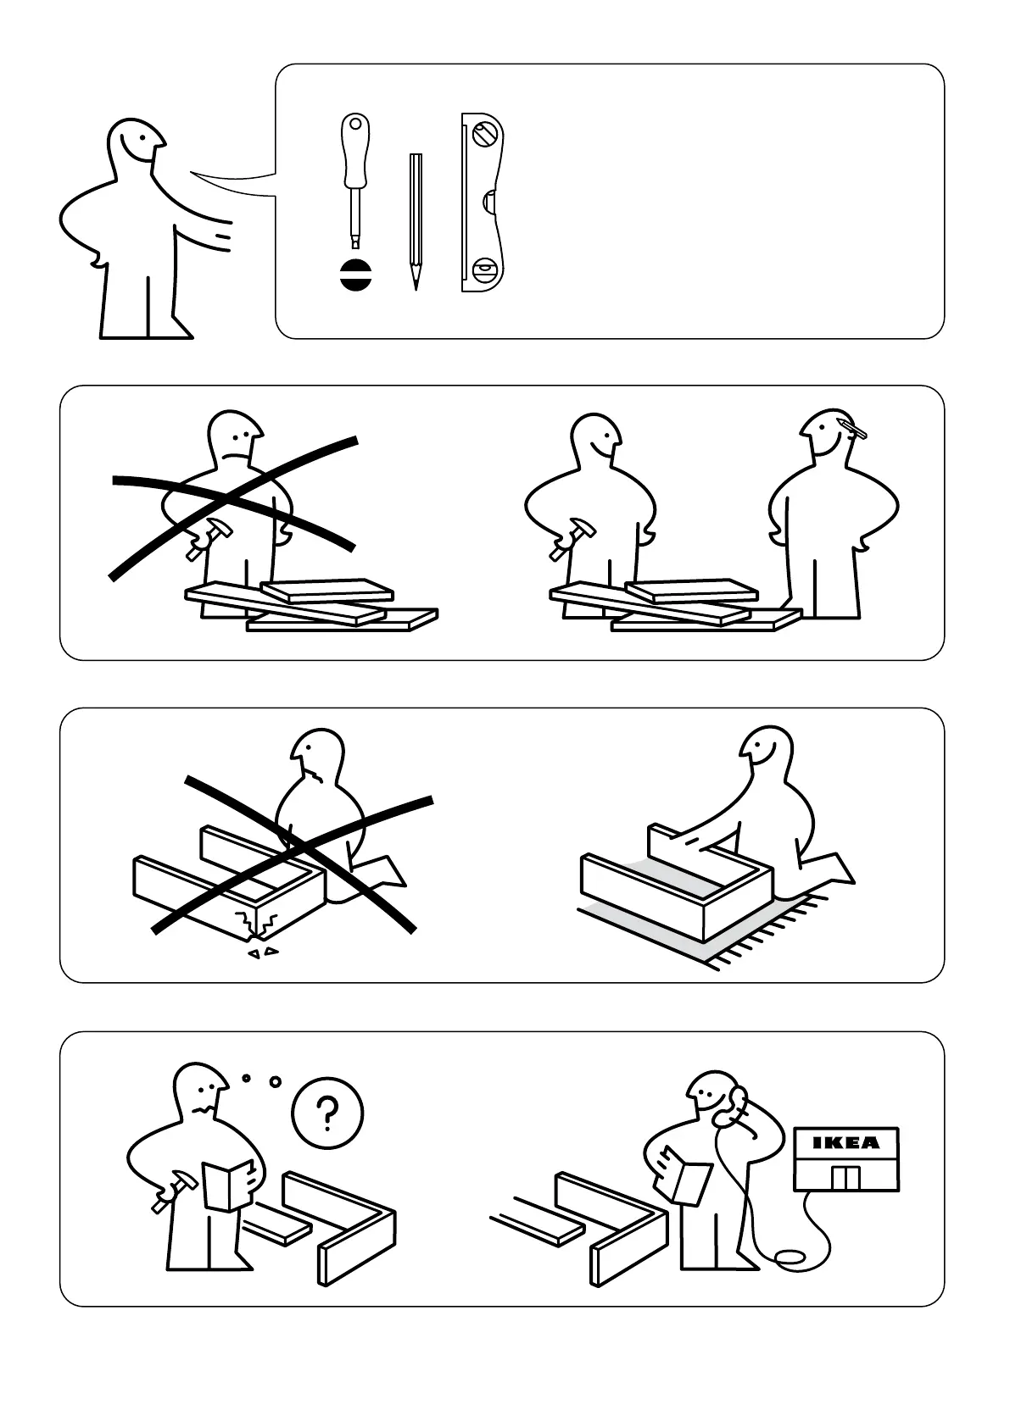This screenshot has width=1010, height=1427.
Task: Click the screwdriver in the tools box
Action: [x=354, y=181]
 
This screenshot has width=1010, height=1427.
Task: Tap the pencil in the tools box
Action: [x=416, y=222]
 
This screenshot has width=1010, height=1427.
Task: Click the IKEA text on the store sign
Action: [x=846, y=1143]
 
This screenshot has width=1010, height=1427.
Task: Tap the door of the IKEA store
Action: [x=846, y=1177]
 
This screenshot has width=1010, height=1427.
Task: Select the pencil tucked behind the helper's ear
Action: [x=853, y=428]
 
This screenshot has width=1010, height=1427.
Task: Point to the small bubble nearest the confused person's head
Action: [x=246, y=1078]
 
